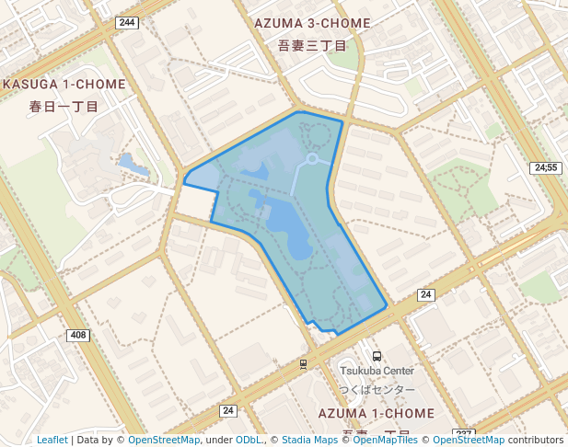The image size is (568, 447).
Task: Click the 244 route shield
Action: tap(127, 22)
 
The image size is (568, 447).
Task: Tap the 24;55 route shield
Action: tap(546, 167)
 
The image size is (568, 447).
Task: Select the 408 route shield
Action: tap(78, 335)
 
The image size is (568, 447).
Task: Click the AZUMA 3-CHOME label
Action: tap(312, 23)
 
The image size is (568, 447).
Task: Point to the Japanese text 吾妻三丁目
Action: tap(312, 45)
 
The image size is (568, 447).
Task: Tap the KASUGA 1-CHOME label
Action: tap(64, 84)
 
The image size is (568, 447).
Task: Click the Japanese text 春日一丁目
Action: tap(64, 106)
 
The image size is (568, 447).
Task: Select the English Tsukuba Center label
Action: tap(377, 372)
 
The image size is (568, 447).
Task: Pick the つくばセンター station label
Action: tap(377, 390)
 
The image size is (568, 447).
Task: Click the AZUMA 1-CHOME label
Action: tap(375, 414)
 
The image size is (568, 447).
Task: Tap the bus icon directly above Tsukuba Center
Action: tap(377, 356)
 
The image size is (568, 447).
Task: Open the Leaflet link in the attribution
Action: tap(52, 440)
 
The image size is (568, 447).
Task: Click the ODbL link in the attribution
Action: tap(248, 440)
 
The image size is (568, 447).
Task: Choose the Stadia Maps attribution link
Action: tap(309, 440)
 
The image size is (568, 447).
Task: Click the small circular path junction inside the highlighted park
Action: tap(312, 159)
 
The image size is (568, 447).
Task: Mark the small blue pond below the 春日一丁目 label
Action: tap(134, 165)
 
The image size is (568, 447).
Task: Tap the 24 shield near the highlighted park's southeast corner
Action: tap(425, 294)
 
